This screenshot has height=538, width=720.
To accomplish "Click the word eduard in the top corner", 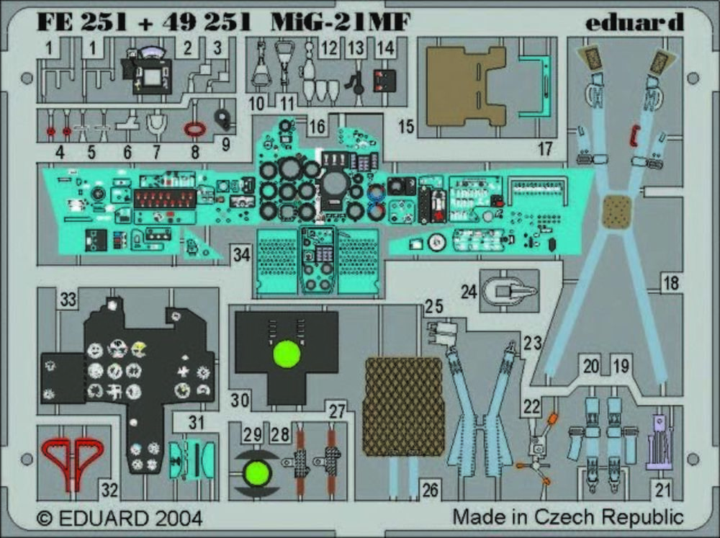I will tap(634, 22).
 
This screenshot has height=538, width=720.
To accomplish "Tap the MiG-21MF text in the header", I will tap(340, 22).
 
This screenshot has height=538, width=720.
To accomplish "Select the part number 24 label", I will tap(469, 292).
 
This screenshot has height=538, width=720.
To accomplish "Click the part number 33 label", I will tap(68, 301).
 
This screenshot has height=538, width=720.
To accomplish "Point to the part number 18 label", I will tap(671, 283).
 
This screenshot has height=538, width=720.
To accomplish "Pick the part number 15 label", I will tap(406, 127).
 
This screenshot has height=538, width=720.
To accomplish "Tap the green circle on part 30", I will tap(287, 354).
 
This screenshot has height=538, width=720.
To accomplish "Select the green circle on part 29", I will tap(257, 472).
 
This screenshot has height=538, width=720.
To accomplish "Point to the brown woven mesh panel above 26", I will tap(403, 407).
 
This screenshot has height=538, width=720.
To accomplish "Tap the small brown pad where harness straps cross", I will tap(616, 210).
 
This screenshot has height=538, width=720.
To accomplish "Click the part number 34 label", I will tap(241, 254).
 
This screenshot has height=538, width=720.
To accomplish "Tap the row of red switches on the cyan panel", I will tap(164, 198).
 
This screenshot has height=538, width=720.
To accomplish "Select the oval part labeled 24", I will tap(508, 291).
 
